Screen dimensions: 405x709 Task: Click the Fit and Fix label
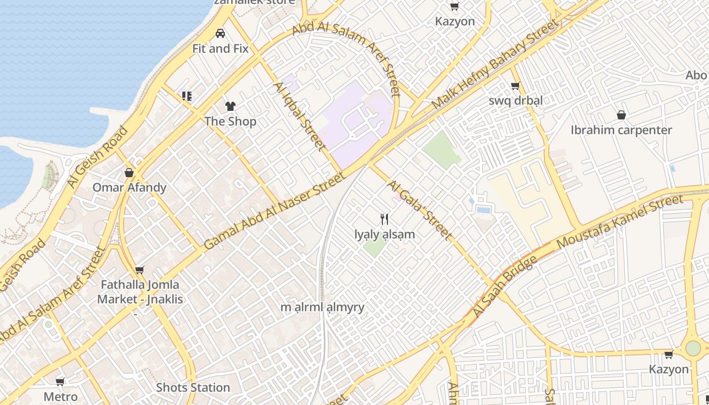[x=220, y=49]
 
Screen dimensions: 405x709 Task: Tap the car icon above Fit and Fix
[x=220, y=33]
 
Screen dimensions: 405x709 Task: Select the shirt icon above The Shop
[x=230, y=106]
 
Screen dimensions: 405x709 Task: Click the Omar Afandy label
[x=129, y=187]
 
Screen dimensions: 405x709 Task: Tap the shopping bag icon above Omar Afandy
[x=129, y=173]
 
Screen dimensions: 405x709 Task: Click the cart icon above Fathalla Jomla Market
[x=140, y=270]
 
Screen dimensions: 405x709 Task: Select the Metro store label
[x=61, y=396]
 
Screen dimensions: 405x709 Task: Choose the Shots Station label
[x=193, y=388]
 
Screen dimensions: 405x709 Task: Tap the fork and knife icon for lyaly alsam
[x=384, y=219]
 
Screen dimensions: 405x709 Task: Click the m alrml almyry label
[x=323, y=307]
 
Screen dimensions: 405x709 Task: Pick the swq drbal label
[x=516, y=100]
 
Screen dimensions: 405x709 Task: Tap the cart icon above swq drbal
[x=516, y=86]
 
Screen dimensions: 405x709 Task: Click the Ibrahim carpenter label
[x=621, y=130]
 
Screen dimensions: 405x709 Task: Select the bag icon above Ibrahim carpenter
[x=621, y=115]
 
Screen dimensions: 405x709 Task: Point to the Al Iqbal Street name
[x=299, y=116]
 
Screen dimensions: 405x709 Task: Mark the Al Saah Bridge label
[x=504, y=288]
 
